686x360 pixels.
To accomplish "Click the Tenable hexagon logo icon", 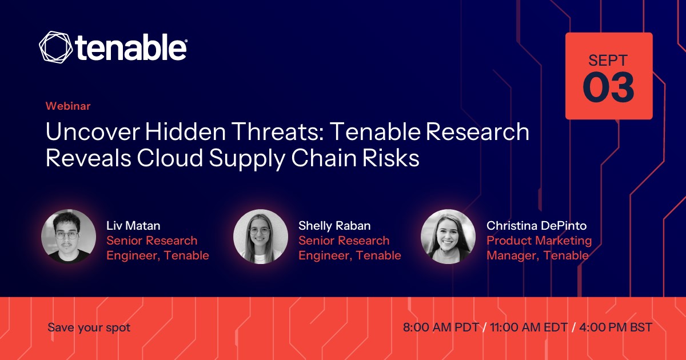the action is click(x=56, y=47).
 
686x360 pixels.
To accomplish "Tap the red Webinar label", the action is click(x=68, y=106).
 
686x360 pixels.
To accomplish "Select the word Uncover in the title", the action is click(x=93, y=131).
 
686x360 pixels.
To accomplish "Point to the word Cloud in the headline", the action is click(x=170, y=158).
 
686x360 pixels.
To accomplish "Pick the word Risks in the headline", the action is click(x=391, y=158).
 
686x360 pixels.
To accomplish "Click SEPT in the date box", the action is click(x=608, y=61).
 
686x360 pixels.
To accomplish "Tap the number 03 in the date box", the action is click(x=608, y=87).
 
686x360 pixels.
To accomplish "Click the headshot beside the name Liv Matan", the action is click(x=69, y=237).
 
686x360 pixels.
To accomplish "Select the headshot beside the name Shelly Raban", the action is click(x=261, y=237).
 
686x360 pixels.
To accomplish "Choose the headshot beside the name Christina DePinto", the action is click(x=448, y=237).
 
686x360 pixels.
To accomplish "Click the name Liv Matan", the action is click(x=133, y=226).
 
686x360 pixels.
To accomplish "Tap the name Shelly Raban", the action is click(x=334, y=226).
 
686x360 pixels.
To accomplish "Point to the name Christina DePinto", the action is click(x=537, y=226).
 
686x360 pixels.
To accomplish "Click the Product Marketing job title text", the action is click(x=539, y=241).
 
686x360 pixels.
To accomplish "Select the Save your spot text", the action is click(x=89, y=328).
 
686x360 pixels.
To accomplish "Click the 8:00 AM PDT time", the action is click(x=441, y=327).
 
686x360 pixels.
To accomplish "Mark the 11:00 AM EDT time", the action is click(x=529, y=327).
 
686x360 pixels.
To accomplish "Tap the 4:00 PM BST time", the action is click(x=616, y=327).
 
